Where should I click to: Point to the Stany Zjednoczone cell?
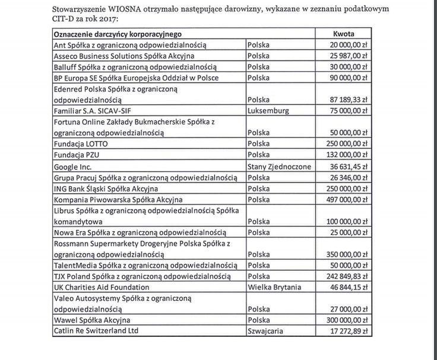pos(278,167)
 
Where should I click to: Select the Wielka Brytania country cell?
pos(274,287)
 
